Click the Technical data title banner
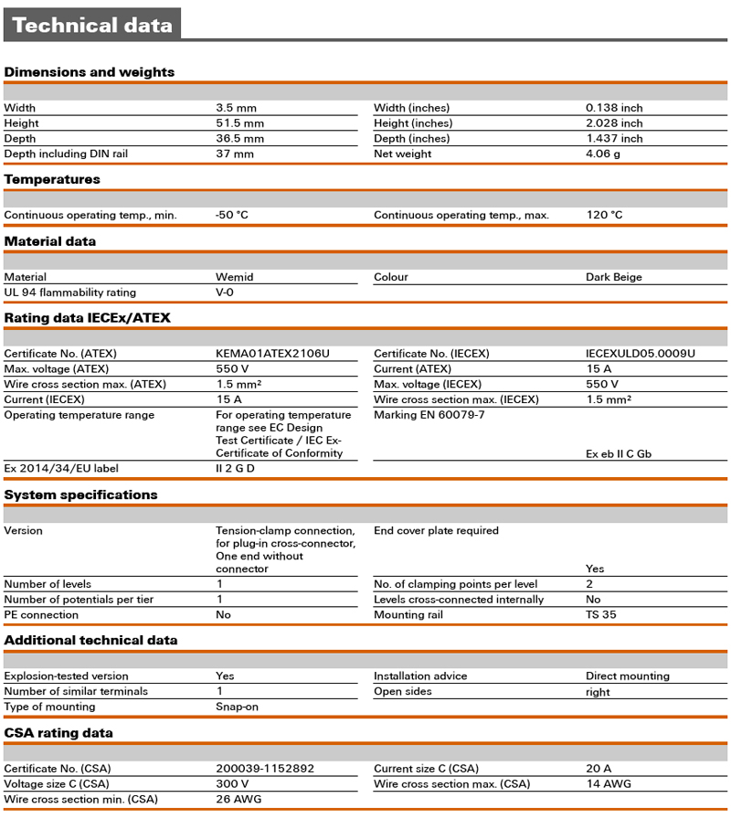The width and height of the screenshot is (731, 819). tap(92, 25)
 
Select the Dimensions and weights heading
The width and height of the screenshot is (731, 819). tap(90, 72)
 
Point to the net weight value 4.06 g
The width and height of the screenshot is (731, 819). tap(603, 154)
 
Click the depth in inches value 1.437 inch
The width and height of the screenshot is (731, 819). tap(614, 139)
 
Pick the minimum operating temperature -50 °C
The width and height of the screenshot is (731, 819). tap(232, 216)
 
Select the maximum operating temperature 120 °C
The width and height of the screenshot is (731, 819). tap(604, 216)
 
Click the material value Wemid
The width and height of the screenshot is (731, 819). tap(235, 277)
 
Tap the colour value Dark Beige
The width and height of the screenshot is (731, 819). tap(614, 277)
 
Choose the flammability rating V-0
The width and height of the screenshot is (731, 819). tap(225, 292)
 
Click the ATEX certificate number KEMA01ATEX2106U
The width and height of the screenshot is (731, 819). tap(272, 354)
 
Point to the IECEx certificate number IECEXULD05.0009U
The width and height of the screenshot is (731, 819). tap(641, 354)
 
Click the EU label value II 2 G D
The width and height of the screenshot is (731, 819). tap(235, 469)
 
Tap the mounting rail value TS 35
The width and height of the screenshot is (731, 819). tap(601, 615)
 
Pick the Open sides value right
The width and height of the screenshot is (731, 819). tap(598, 692)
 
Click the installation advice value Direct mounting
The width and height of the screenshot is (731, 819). tap(628, 676)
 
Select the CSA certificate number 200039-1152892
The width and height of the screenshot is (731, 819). tap(265, 769)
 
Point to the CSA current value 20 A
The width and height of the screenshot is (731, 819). tap(599, 769)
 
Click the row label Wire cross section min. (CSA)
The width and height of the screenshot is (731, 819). tap(79, 800)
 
